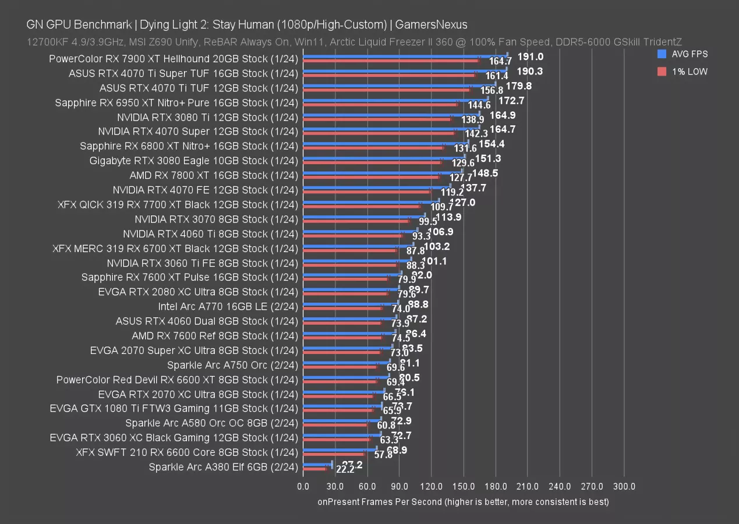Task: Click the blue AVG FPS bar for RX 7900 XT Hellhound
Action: point(405,56)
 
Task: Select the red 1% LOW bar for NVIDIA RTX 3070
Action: point(355,221)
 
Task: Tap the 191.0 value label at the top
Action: point(531,56)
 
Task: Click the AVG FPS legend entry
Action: point(691,54)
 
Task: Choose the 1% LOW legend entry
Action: point(691,72)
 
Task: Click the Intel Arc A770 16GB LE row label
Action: point(228,306)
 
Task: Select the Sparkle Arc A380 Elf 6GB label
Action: point(223,467)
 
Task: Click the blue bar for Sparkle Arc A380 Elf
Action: point(317,464)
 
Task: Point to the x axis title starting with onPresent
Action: point(463,502)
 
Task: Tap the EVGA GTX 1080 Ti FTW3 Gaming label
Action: point(174,409)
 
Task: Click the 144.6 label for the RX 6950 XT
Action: point(479,105)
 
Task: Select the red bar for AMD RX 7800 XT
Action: point(370,178)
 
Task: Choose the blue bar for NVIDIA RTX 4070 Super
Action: point(391,129)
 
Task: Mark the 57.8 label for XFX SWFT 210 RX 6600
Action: point(383,455)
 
